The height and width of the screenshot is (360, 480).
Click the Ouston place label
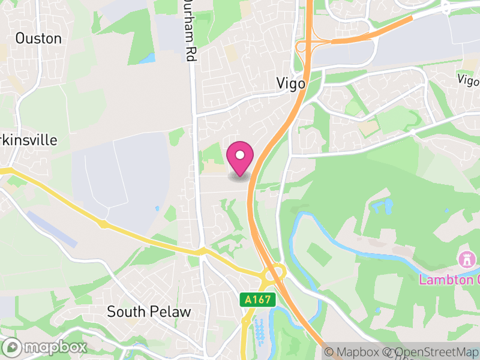[x=38, y=38]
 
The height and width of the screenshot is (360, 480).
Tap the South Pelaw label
[x=148, y=312]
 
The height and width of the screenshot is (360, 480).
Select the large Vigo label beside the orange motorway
[x=290, y=83]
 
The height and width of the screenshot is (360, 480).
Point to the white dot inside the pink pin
[x=240, y=155]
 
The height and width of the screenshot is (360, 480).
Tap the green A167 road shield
[x=258, y=299]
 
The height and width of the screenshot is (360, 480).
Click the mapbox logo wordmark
[x=46, y=347]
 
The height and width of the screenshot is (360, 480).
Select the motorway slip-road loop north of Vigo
[x=304, y=47]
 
